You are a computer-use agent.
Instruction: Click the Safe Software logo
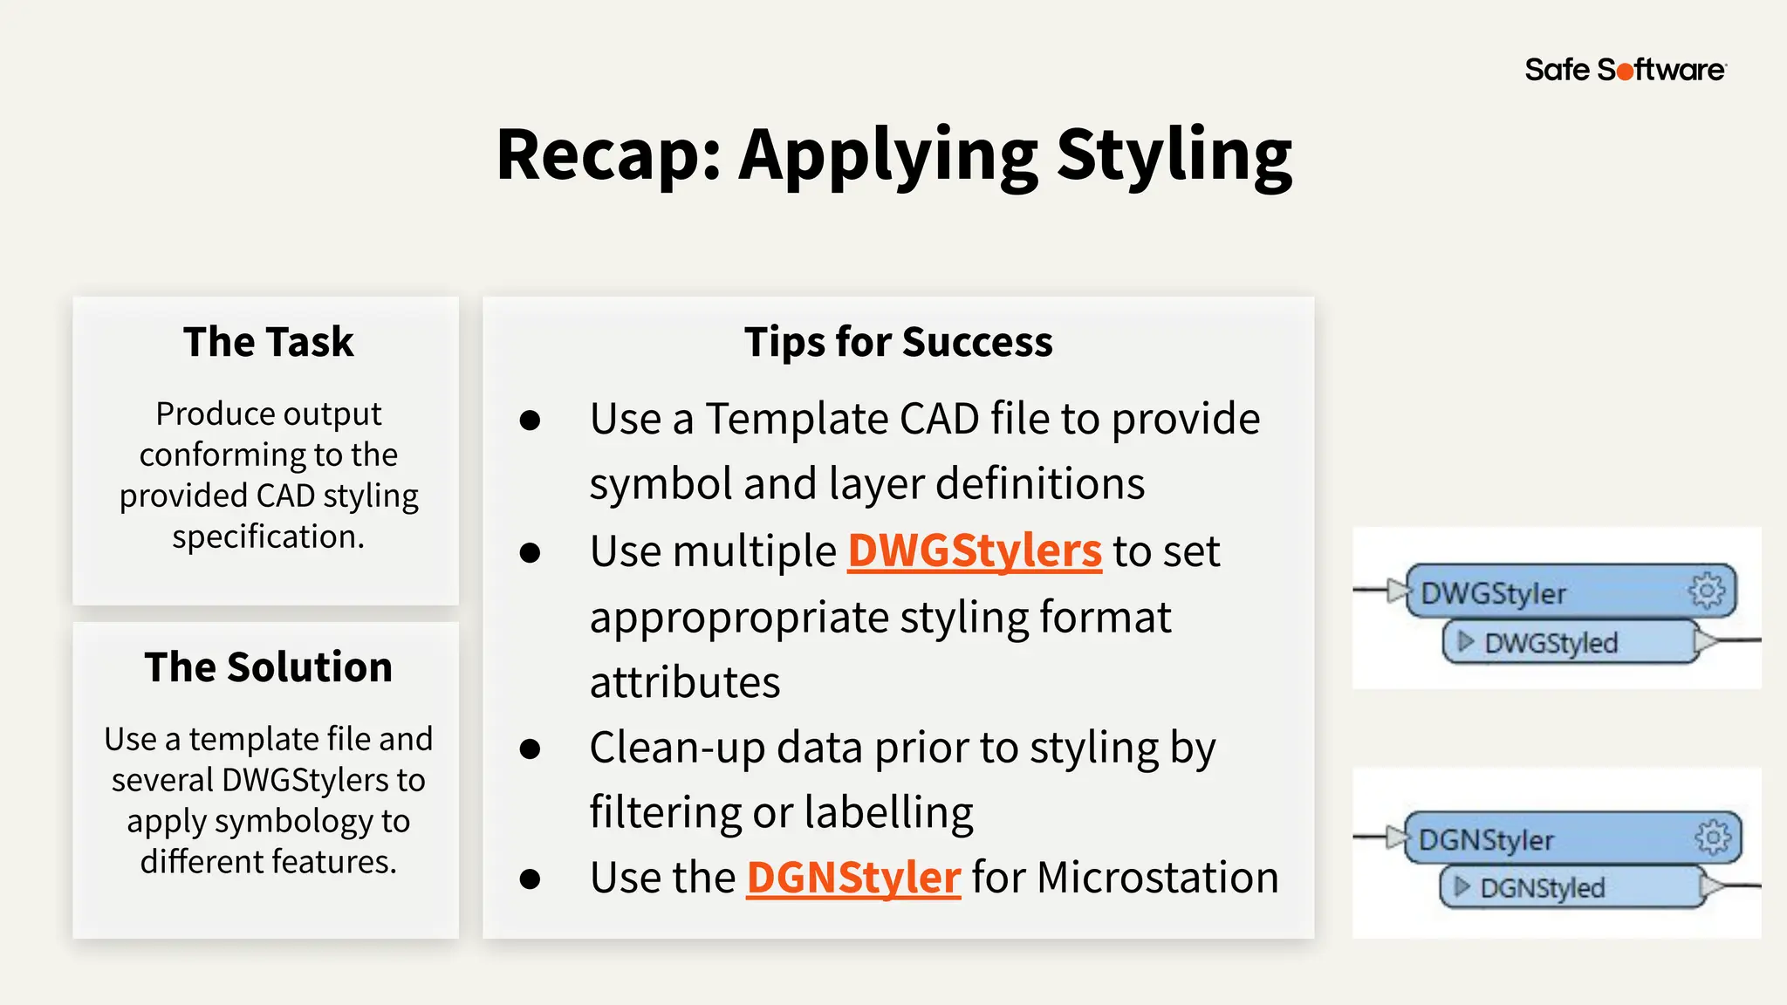(1625, 70)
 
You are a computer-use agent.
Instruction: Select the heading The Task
(268, 341)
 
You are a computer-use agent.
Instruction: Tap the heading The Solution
(268, 667)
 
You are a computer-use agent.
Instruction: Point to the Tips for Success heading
(898, 341)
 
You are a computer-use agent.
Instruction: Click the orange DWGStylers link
(975, 551)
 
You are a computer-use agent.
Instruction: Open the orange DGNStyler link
(853, 878)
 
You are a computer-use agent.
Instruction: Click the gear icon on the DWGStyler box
(1706, 591)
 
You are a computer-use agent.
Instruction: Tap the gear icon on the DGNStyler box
(1712, 837)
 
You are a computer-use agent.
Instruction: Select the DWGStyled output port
(1551, 643)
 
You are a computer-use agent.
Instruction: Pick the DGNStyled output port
(1542, 888)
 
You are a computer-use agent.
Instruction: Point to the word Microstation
(1157, 878)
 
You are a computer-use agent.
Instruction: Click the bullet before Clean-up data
(530, 749)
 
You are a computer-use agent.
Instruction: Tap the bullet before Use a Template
(530, 420)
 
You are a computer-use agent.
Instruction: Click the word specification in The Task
(268, 537)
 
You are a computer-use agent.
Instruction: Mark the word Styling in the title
(1174, 155)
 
